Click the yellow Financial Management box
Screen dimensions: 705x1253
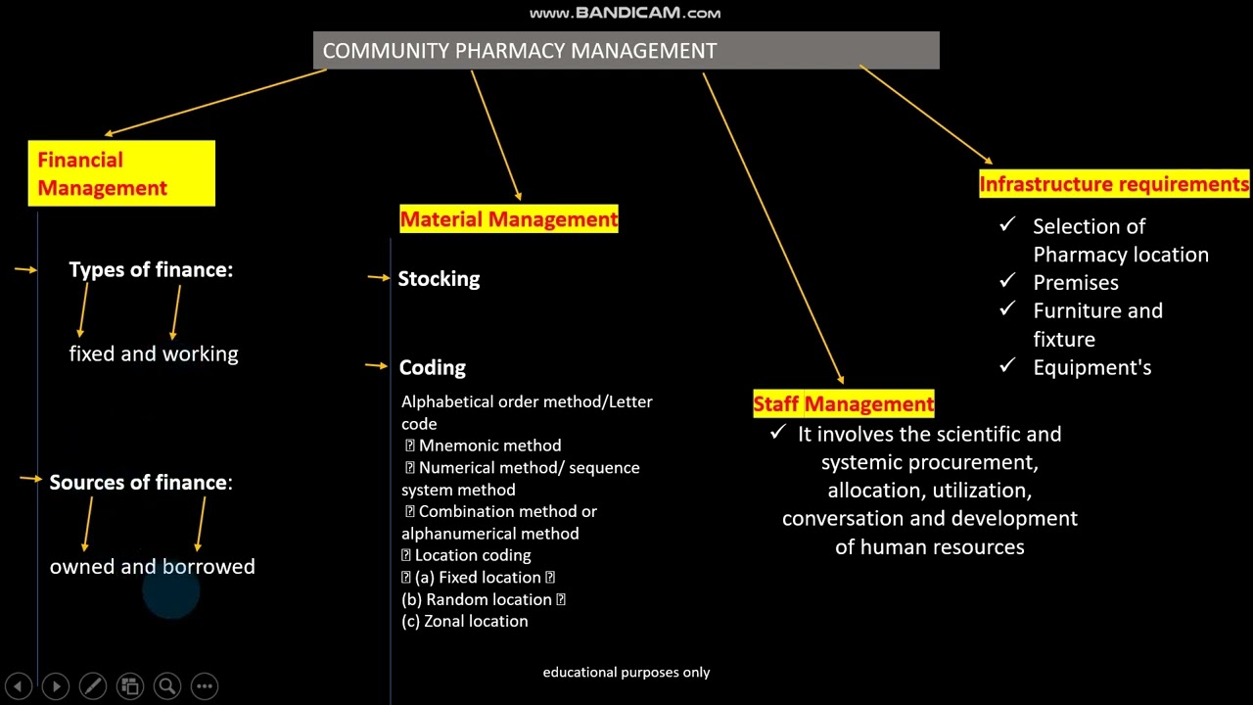click(121, 173)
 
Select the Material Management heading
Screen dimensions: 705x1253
click(509, 219)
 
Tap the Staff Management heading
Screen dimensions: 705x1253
click(844, 403)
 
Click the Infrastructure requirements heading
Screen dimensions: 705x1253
click(1114, 184)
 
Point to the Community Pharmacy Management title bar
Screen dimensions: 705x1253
click(626, 51)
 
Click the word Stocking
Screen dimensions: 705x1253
click(439, 279)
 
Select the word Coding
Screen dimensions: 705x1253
click(432, 367)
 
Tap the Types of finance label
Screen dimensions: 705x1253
click(151, 269)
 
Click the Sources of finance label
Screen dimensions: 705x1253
click(141, 482)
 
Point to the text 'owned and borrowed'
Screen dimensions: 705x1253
click(153, 567)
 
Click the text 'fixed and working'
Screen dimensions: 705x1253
click(154, 353)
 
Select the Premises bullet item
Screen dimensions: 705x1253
click(1075, 282)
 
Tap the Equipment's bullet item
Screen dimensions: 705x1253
click(1091, 367)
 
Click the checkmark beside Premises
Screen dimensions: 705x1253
click(1007, 281)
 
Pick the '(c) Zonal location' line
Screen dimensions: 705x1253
click(465, 621)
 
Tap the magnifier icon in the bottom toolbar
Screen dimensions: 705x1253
click(167, 686)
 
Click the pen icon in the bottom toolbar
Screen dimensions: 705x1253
click(93, 686)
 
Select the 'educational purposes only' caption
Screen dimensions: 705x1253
click(626, 672)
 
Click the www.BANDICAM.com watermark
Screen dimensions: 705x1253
click(625, 13)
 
